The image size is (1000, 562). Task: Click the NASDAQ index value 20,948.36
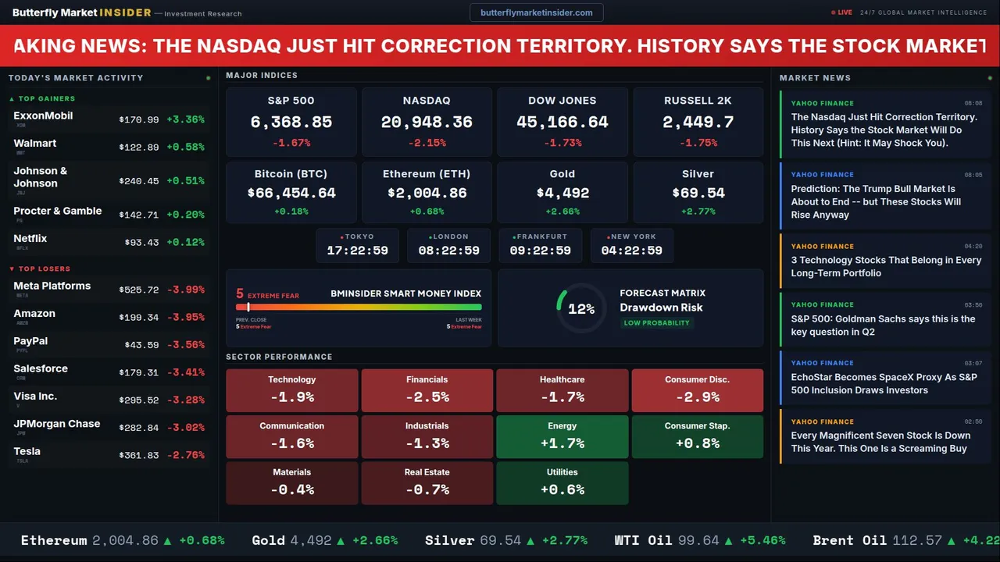click(x=427, y=123)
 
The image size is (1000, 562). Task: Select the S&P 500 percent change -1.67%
click(x=291, y=143)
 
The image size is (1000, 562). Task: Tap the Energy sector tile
click(x=562, y=436)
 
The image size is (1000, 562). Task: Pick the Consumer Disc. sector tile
click(x=697, y=390)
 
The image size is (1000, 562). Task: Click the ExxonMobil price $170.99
click(x=139, y=120)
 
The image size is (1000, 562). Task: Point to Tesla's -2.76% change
click(x=186, y=455)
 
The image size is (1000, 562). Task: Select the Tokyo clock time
click(x=357, y=251)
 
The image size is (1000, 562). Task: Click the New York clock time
click(x=631, y=251)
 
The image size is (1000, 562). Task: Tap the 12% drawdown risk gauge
click(x=580, y=309)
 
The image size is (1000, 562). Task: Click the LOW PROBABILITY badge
click(x=656, y=323)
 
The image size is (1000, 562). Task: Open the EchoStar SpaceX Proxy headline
click(x=884, y=383)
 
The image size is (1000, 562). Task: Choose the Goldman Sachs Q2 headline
click(x=883, y=325)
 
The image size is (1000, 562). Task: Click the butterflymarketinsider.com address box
click(x=537, y=12)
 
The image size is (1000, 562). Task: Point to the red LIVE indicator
click(x=842, y=12)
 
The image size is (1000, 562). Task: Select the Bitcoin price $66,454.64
click(x=291, y=193)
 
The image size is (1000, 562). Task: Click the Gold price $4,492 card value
click(x=562, y=193)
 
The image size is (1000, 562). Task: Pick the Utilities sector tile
click(x=562, y=483)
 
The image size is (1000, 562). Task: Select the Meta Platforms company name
click(x=52, y=286)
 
